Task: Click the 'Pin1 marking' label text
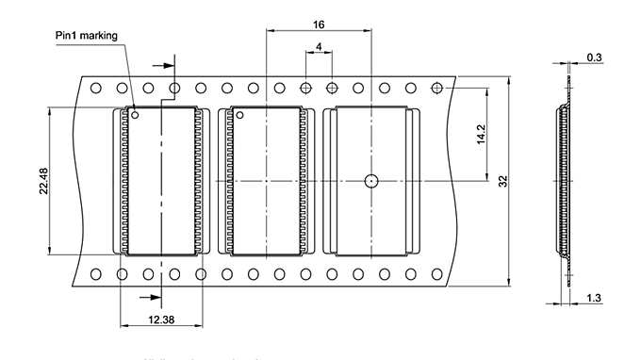[87, 36]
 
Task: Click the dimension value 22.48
[42, 181]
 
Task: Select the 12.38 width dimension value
[161, 320]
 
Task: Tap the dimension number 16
[319, 24]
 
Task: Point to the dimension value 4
[319, 46]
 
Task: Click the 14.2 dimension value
[481, 134]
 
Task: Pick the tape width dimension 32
[503, 181]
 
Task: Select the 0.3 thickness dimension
[595, 58]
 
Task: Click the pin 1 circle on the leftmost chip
[136, 116]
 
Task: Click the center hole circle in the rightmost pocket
[371, 180]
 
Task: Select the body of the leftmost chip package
[162, 181]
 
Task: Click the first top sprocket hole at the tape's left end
[96, 88]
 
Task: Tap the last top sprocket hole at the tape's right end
[436, 88]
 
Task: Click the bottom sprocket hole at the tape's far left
[96, 274]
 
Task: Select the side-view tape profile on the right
[565, 179]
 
